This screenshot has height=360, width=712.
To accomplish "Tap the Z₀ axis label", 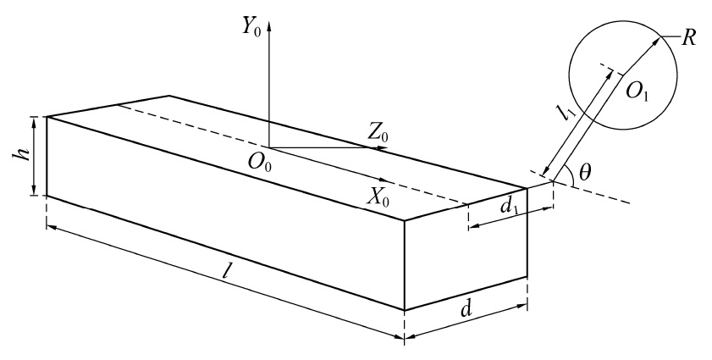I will click(378, 132).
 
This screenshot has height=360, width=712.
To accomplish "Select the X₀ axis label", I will click(378, 197).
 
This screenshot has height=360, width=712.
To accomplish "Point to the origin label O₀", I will click(260, 161).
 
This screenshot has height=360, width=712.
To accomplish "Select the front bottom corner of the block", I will click(405, 311).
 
